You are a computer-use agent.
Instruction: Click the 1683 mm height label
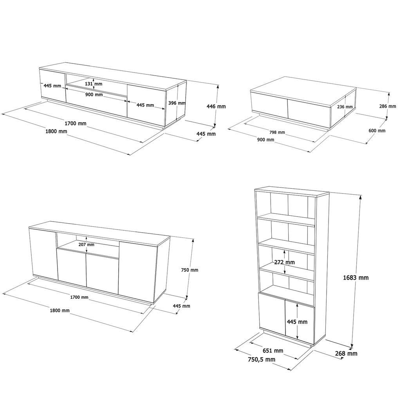(356, 278)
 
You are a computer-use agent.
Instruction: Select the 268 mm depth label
(346, 354)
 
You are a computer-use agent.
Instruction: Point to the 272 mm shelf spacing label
(285, 262)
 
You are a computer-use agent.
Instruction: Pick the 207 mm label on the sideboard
(86, 244)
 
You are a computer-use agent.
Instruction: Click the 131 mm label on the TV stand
(94, 84)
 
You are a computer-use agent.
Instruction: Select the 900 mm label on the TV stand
(94, 95)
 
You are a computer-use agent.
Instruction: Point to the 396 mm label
(177, 103)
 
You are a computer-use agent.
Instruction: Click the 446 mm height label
(217, 106)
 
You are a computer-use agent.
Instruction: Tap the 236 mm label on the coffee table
(345, 107)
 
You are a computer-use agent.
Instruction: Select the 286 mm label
(388, 106)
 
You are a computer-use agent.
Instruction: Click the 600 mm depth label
(377, 131)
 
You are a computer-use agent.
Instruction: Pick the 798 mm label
(276, 132)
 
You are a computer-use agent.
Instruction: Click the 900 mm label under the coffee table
(266, 140)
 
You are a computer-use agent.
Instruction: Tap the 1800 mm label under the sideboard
(60, 311)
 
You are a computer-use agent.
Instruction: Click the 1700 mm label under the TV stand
(76, 123)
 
